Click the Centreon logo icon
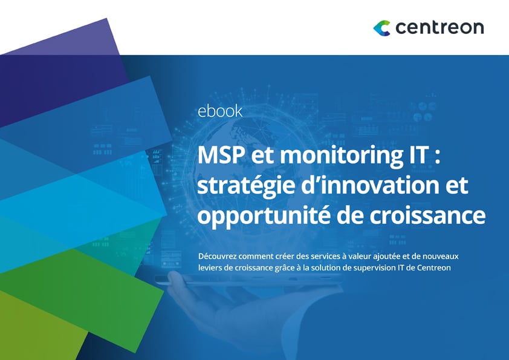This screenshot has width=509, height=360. pos(382,27)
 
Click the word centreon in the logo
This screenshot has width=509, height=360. pos(439,28)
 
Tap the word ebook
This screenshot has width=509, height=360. pos(220,111)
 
